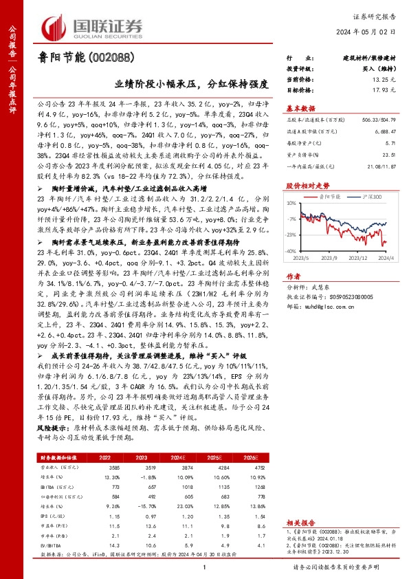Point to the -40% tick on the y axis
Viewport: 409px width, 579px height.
[x=291, y=252]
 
